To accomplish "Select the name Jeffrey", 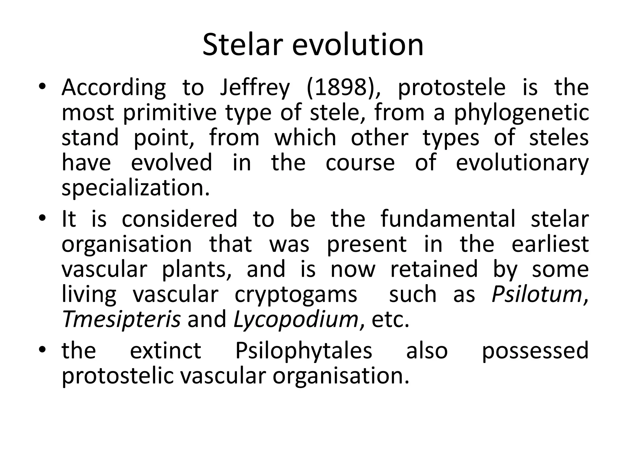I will pos(254,88).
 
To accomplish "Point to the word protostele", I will pos(451,88).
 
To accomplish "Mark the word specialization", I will pos(136,188).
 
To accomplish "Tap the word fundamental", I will pos(448,219).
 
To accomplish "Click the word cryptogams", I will pos(296,295).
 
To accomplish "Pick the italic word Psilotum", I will pos(536,294).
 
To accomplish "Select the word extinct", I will pos(165,351).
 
